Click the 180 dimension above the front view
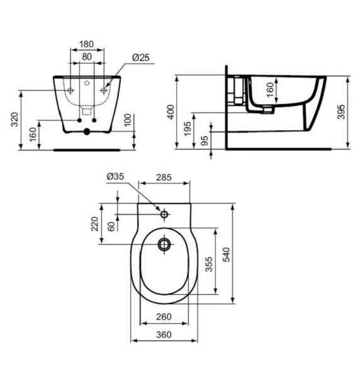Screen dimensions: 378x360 86,44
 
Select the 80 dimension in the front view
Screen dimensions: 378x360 86,57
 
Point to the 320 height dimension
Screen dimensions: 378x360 15,120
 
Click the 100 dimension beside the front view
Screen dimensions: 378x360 128,120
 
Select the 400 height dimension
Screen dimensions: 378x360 169,112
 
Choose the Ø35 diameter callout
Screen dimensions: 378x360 115,177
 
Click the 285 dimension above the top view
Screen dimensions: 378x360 164,177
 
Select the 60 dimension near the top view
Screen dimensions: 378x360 111,225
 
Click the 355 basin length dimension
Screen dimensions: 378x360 208,264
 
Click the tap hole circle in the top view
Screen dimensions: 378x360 164,215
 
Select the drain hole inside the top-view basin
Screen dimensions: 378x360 164,243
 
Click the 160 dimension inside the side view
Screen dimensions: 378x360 270,91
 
